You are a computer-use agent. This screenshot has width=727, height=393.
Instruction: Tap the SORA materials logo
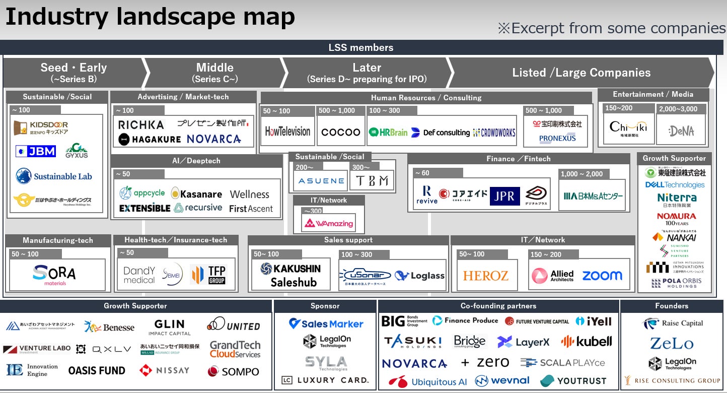pos(54,275)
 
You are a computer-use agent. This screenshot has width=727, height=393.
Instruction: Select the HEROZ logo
pos(486,276)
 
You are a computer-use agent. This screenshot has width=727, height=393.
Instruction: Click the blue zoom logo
pos(602,276)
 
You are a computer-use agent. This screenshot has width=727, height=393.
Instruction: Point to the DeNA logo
pos(681,131)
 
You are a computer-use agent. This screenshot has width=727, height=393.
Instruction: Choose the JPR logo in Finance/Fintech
pos(504,196)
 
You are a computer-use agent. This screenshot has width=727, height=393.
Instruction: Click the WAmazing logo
pos(329,223)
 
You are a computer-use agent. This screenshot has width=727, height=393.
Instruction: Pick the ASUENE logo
pos(321,181)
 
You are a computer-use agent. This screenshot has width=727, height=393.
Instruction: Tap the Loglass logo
pos(420,276)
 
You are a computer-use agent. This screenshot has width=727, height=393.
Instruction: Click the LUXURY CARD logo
pos(325,380)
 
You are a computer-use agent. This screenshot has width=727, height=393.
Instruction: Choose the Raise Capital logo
pos(673,323)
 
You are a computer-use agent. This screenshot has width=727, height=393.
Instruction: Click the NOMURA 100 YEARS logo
pos(676,219)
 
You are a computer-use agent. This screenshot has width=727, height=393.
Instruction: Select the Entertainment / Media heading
pos(653,94)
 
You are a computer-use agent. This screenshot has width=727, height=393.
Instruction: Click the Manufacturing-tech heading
pos(58,240)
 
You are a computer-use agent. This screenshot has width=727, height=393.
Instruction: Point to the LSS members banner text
pos(360,48)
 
